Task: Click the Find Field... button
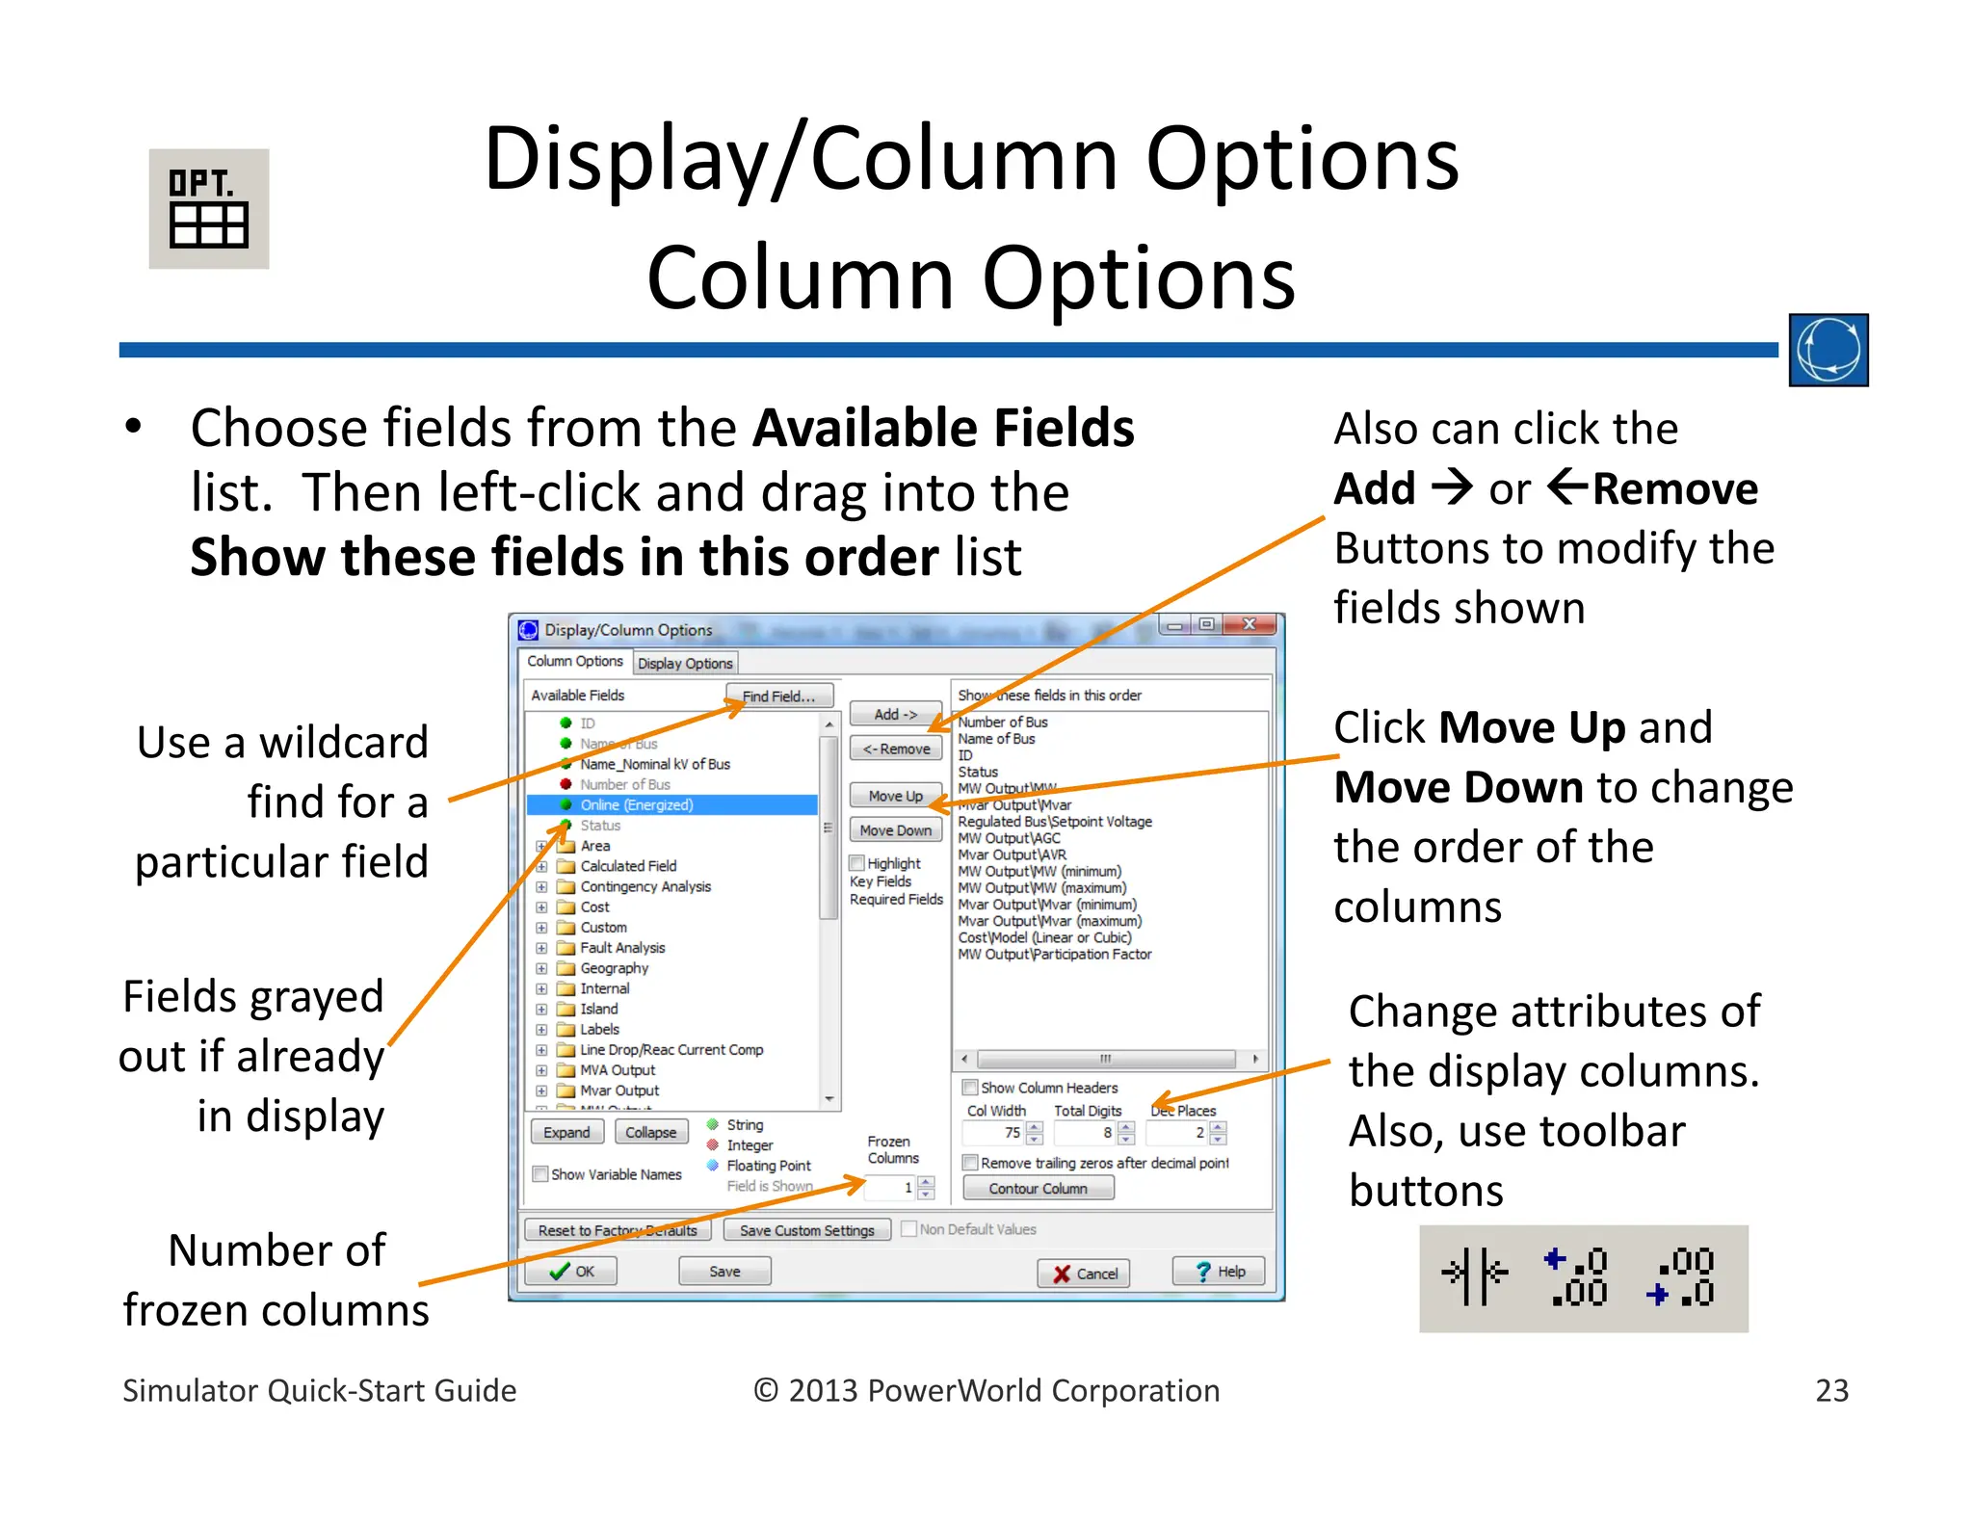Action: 778,696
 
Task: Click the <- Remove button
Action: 896,749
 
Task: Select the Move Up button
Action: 895,796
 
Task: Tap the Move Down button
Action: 895,830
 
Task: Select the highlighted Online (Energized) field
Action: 636,805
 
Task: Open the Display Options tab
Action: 685,663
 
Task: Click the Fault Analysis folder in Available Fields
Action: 621,948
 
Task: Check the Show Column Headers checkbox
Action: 971,1088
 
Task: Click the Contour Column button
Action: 1038,1189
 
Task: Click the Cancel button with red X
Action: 1085,1273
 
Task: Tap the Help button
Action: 1219,1272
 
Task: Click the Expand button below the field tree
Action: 566,1132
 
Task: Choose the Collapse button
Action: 650,1132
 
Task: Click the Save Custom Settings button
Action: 806,1230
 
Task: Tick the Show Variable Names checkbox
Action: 541,1174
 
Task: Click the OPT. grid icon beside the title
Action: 209,209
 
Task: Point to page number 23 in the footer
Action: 1831,1390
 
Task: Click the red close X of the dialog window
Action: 1250,624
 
